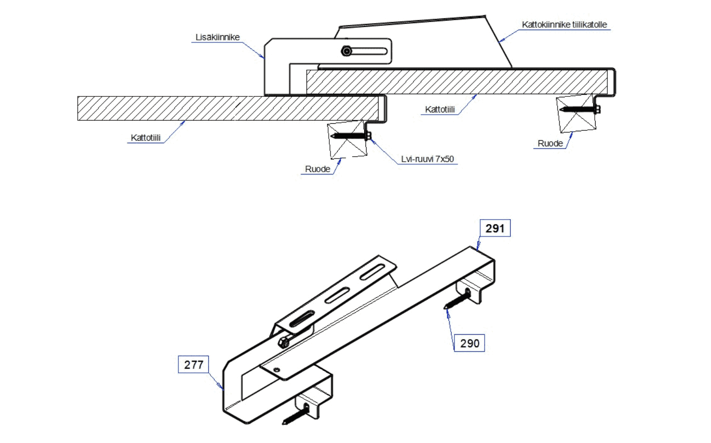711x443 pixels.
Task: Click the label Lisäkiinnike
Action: coord(218,37)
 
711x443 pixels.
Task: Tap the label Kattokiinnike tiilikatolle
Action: coord(564,24)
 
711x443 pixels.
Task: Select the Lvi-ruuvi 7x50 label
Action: coord(427,159)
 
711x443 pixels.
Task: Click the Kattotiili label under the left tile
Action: coord(145,137)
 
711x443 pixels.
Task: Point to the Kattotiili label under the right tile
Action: coord(440,109)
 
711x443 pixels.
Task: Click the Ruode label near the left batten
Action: coord(317,169)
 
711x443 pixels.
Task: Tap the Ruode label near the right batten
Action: coord(550,143)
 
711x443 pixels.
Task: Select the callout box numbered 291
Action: coord(495,229)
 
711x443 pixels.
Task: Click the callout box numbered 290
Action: coord(469,343)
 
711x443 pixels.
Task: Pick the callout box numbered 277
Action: coord(194,364)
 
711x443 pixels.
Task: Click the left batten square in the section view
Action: coord(347,139)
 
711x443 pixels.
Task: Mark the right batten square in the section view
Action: coord(576,114)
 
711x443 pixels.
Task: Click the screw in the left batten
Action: coord(351,136)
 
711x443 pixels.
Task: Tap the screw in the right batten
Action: coord(580,110)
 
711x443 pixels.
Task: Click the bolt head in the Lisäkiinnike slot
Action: coord(347,51)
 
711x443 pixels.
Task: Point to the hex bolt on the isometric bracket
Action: coord(284,342)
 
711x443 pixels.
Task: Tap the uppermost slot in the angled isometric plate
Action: coord(372,272)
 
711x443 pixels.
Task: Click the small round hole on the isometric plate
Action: coord(277,370)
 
